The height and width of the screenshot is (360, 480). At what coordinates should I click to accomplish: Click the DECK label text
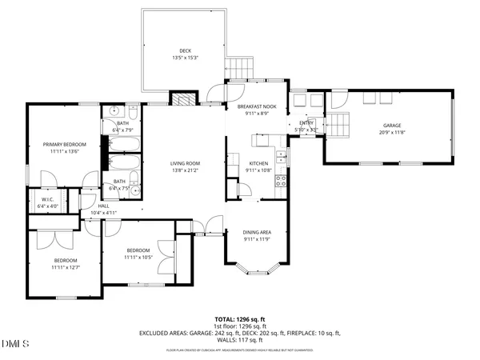tap(185, 50)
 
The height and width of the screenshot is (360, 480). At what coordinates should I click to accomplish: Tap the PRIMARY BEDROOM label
tap(65, 144)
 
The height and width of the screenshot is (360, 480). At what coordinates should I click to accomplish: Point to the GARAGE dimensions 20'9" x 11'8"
tap(391, 133)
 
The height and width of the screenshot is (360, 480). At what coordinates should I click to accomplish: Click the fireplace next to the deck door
tap(183, 100)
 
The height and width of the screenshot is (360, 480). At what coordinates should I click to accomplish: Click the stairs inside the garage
tap(342, 125)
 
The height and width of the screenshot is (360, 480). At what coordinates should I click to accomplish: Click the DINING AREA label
tap(257, 232)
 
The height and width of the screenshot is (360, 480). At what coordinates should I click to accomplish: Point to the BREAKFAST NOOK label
tap(257, 106)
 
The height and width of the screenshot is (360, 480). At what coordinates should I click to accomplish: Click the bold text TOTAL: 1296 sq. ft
tap(240, 318)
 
